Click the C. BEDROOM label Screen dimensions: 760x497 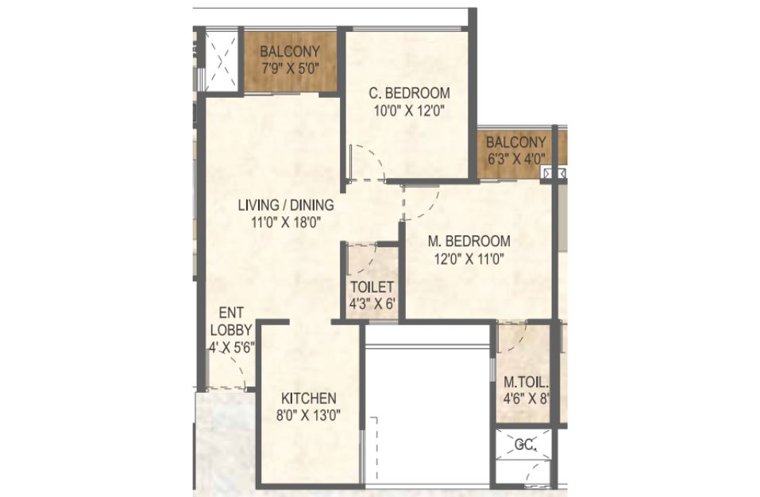point(409,93)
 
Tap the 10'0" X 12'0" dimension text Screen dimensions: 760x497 point(409,111)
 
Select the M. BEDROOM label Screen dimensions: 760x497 point(469,241)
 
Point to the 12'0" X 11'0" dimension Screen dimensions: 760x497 point(469,259)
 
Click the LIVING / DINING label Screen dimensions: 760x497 point(286,205)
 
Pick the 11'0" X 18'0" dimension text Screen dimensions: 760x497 point(286,223)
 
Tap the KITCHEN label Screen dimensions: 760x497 point(309,398)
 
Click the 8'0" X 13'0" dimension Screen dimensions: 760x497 point(309,416)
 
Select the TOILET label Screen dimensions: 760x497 point(372,287)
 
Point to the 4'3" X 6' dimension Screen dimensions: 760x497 point(372,305)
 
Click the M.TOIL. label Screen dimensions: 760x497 point(526,382)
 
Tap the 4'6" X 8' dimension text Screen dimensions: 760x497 point(526,399)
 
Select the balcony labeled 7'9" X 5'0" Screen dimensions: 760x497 point(290,60)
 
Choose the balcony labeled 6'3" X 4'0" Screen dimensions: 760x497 point(515,150)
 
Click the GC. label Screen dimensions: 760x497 point(525,445)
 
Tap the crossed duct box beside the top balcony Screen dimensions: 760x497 point(221,61)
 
